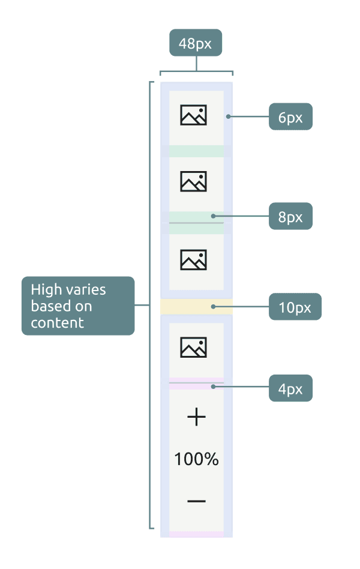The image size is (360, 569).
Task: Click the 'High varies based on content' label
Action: tap(77, 306)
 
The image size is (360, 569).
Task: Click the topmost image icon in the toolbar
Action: tap(194, 115)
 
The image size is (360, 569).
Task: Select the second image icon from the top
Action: tap(194, 181)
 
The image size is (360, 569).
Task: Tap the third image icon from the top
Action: tap(194, 259)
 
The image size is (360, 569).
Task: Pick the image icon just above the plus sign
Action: tap(194, 347)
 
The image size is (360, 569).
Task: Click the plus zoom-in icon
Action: tap(196, 417)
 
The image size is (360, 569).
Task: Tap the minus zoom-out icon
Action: tap(196, 501)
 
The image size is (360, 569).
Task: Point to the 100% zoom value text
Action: tap(196, 460)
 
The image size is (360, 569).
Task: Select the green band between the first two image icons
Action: tap(196, 151)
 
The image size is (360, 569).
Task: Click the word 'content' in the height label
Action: tap(57, 323)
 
